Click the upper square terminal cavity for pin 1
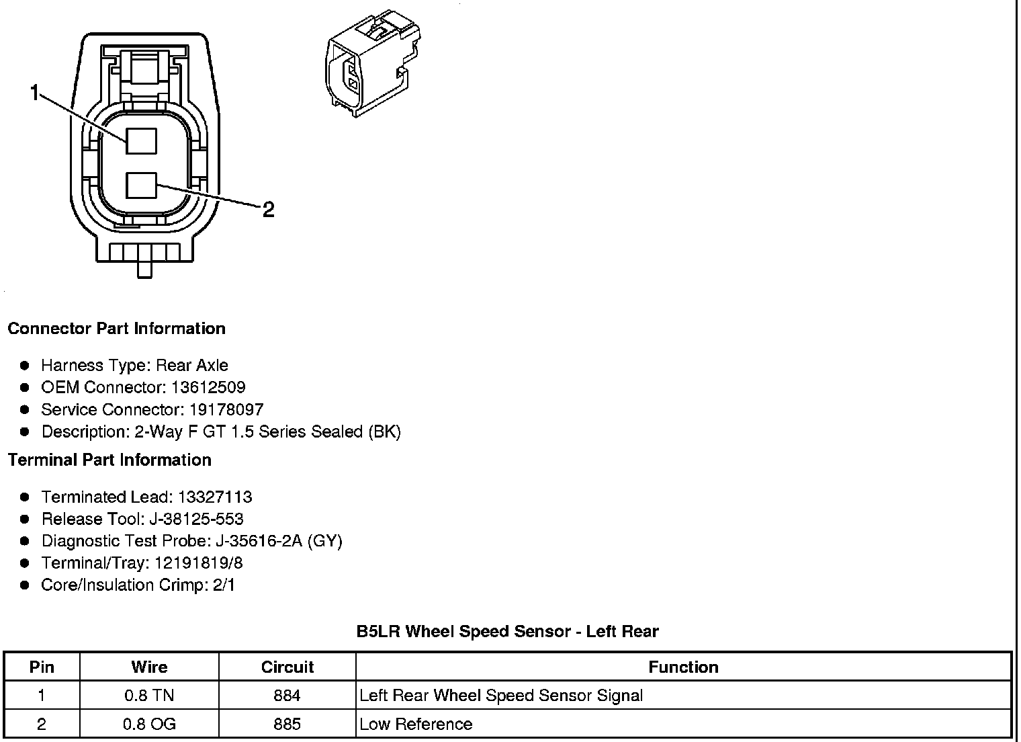(x=141, y=141)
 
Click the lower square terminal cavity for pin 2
(x=141, y=185)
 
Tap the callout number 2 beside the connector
(x=268, y=210)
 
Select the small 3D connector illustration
(x=371, y=63)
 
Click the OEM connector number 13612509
(x=208, y=388)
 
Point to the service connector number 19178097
(x=226, y=410)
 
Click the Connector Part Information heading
(x=116, y=329)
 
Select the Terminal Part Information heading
(x=109, y=460)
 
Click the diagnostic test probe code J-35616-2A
(x=257, y=542)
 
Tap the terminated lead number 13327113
(x=215, y=497)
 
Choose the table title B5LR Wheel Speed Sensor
(x=507, y=632)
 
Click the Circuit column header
(x=287, y=667)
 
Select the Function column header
(x=683, y=667)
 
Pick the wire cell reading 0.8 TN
(x=149, y=696)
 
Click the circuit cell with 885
(x=287, y=725)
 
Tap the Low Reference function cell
(x=416, y=725)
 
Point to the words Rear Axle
(x=192, y=366)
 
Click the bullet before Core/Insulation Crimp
(x=25, y=585)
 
